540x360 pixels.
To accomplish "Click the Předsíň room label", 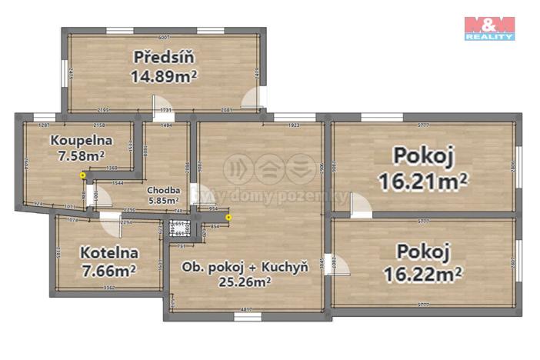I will coord(163,57).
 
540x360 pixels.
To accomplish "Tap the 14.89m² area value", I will coord(164,75).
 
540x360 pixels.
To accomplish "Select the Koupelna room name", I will coord(82,141).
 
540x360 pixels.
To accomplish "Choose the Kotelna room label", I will coord(108,252).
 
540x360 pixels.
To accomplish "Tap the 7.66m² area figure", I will coord(108,270).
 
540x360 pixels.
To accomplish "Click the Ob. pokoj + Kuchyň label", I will coord(245,267).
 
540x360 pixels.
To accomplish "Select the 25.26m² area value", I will coord(245,281).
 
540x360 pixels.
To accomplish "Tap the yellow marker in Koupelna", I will coord(83,175).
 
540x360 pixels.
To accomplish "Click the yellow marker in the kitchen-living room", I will coord(228,216).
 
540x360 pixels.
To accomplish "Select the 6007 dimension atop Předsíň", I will coord(163,37).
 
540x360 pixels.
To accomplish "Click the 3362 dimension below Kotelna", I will coord(108,288).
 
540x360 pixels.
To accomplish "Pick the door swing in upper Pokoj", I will coord(358,204).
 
